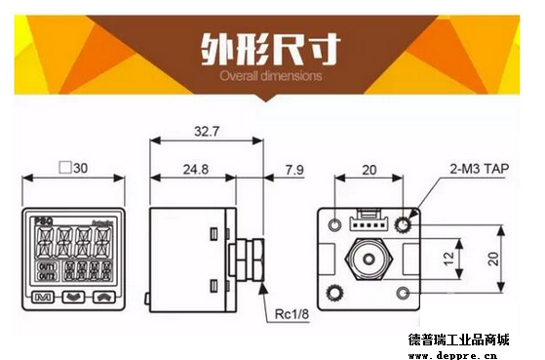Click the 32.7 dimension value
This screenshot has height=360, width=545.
coord(205,131)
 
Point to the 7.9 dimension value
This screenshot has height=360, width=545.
coord(292,171)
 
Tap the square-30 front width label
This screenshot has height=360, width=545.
coord(73,168)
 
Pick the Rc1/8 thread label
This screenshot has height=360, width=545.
coord(293,314)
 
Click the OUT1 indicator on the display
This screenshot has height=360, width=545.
coord(45,264)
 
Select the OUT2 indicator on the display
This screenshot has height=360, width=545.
coord(45,275)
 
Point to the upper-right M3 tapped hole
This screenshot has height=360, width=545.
coord(403,225)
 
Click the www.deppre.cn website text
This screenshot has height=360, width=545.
coord(458,352)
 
